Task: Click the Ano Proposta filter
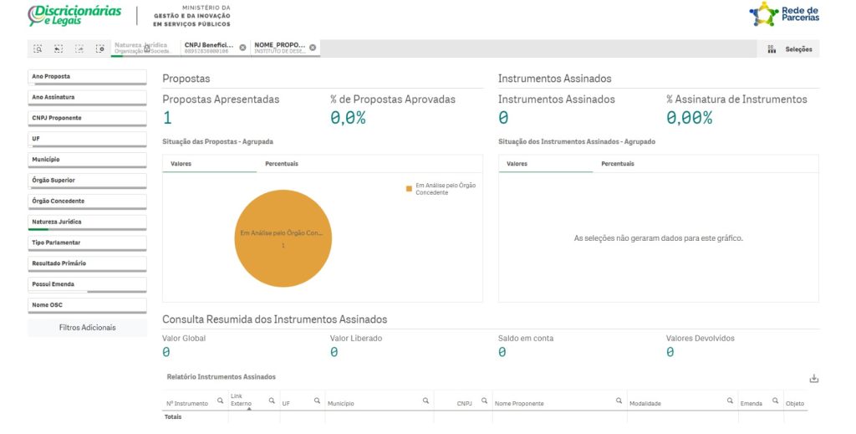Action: (x=87, y=77)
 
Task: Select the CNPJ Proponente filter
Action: (x=87, y=118)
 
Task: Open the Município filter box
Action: (x=87, y=160)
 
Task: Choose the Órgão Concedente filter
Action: (x=87, y=201)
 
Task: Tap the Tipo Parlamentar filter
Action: (x=87, y=243)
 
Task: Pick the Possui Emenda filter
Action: (x=87, y=284)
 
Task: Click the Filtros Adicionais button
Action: (x=87, y=327)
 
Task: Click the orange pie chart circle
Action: (x=283, y=238)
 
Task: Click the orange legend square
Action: (x=410, y=189)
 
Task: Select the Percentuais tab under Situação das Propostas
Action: (x=282, y=164)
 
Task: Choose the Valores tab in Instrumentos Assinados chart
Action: (x=517, y=164)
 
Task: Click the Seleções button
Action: (x=791, y=49)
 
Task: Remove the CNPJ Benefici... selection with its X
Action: (x=242, y=48)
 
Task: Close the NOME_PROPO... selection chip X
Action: (x=313, y=48)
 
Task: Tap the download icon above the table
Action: (x=813, y=379)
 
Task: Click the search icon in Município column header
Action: (x=425, y=401)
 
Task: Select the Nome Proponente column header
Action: (x=519, y=403)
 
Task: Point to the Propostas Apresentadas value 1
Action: (x=167, y=118)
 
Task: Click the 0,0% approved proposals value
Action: (x=348, y=118)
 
